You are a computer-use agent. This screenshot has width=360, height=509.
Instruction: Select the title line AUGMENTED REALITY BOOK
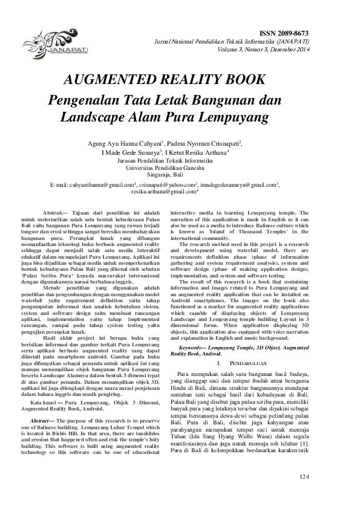pyautogui.click(x=173, y=80)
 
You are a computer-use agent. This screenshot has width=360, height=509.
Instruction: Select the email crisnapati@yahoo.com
pyautogui.click(x=168, y=183)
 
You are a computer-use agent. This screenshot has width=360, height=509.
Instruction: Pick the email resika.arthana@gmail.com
pyautogui.click(x=164, y=191)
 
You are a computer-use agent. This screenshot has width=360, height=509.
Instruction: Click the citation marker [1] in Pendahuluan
pyautogui.click(x=304, y=443)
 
